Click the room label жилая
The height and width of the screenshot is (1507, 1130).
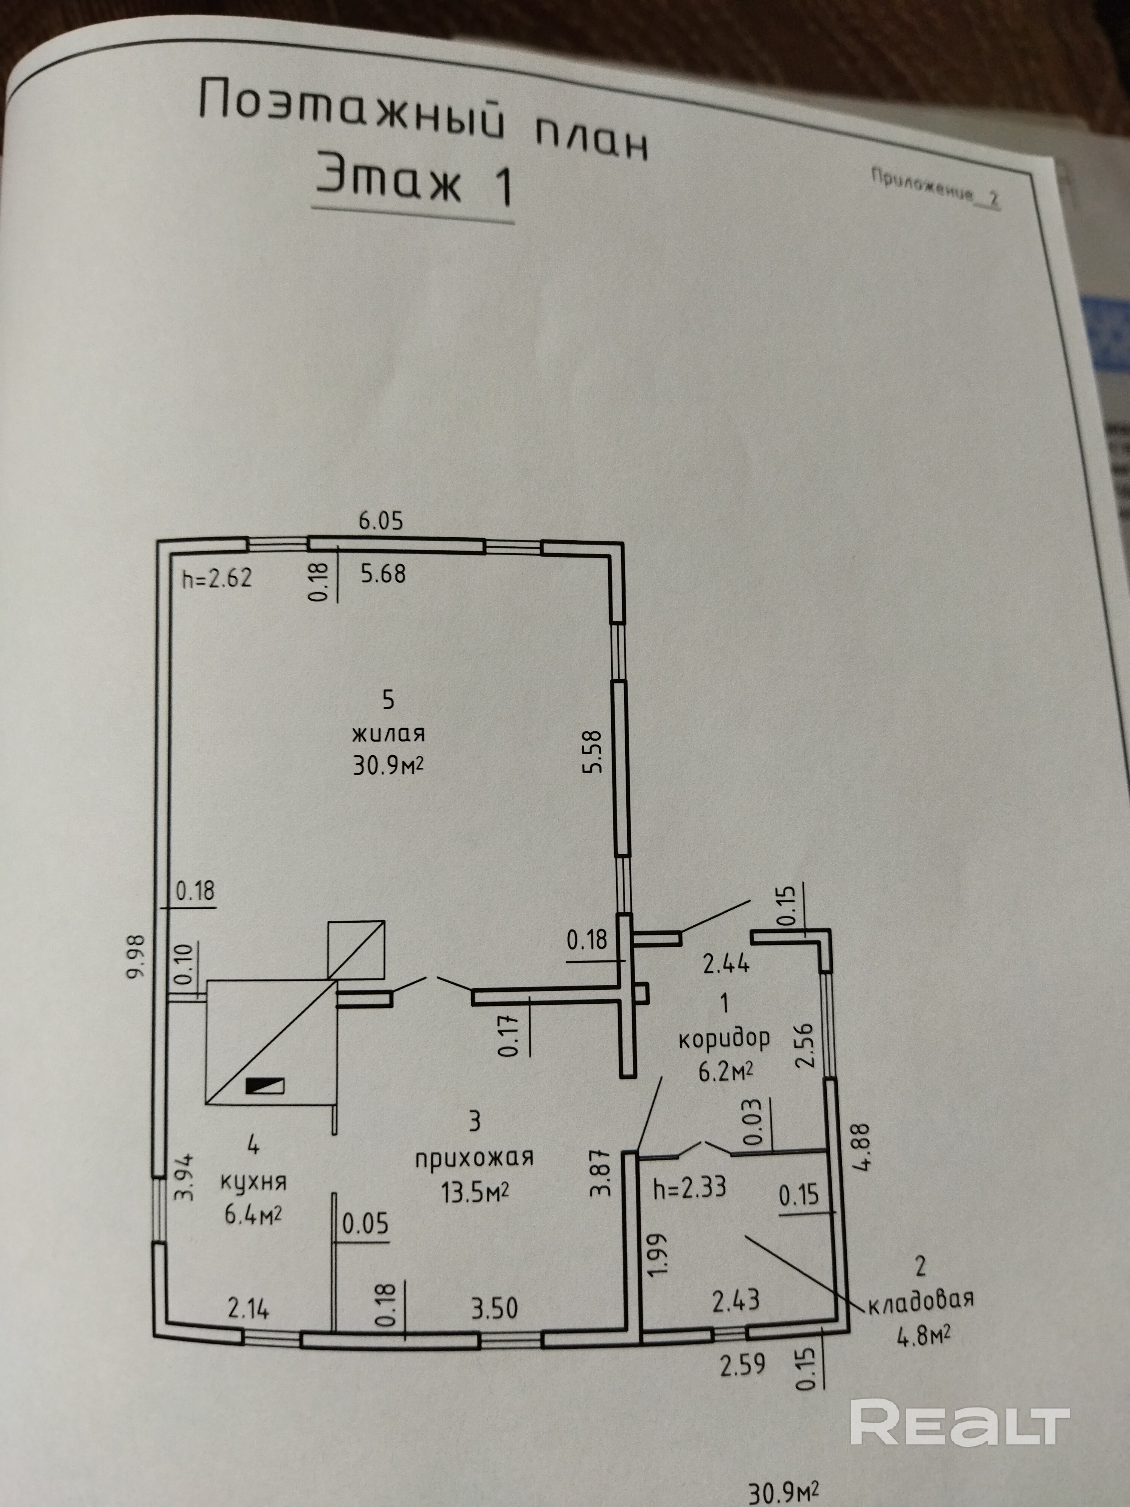point(388,734)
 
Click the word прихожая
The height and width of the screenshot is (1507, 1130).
point(474,1157)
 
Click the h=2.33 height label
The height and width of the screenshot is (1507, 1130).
point(689,1188)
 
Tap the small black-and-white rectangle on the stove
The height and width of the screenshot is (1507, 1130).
point(265,1086)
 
